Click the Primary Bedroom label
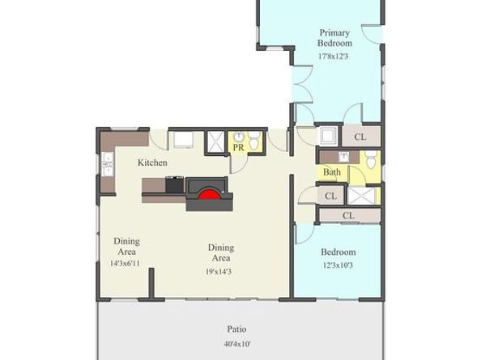pos(334,38)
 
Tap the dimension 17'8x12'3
pos(334,57)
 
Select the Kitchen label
pos(152,163)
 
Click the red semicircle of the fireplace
pos(210,194)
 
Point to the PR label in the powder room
pos(239,147)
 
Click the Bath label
pos(332,172)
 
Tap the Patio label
pos(236,329)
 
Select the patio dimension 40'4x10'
pos(237,344)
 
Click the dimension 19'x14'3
pos(219,272)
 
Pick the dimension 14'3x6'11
pos(126,263)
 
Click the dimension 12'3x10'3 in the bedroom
pos(338,265)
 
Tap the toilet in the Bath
pos(371,159)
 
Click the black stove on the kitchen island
pos(175,184)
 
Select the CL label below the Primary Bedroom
pos(360,137)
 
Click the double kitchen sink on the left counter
pos(108,164)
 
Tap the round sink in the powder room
pos(239,137)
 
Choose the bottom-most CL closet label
pos(348,216)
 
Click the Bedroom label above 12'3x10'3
pos(338,252)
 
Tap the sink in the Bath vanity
pos(344,157)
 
